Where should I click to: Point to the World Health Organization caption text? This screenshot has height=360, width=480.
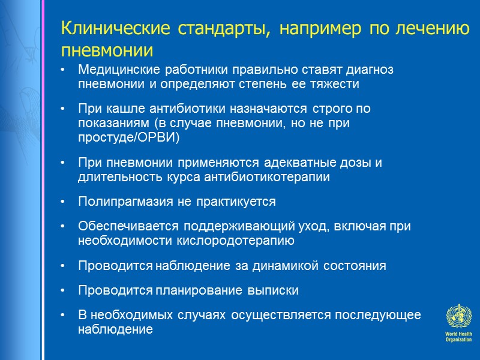coord(458,337)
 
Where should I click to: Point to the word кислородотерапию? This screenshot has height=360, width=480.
coord(242,241)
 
